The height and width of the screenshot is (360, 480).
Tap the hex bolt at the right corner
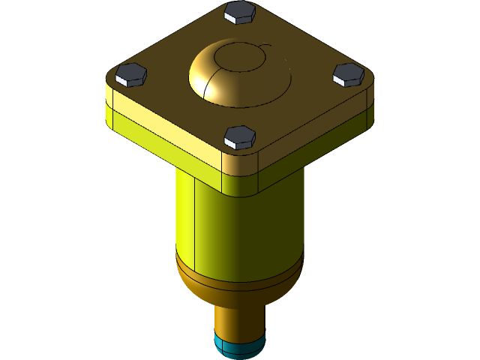349,73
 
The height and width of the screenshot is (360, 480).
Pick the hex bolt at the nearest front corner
240,136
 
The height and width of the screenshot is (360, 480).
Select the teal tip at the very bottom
238,346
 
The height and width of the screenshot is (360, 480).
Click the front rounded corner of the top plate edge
240,160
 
